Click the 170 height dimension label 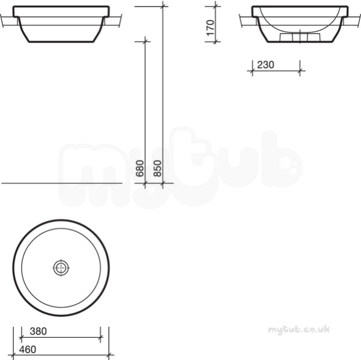pyautogui.click(x=210, y=28)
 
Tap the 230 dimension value pyautogui.click(x=265, y=65)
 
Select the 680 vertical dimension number pyautogui.click(x=140, y=168)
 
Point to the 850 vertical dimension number pyautogui.click(x=157, y=168)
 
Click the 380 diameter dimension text pyautogui.click(x=38, y=331)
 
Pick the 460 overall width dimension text pyautogui.click(x=28, y=349)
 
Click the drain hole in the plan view pyautogui.click(x=61, y=267)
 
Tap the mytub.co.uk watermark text pyautogui.click(x=299, y=329)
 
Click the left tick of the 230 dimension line pyautogui.click(x=252, y=71)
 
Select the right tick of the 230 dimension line pyautogui.click(x=300, y=71)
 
